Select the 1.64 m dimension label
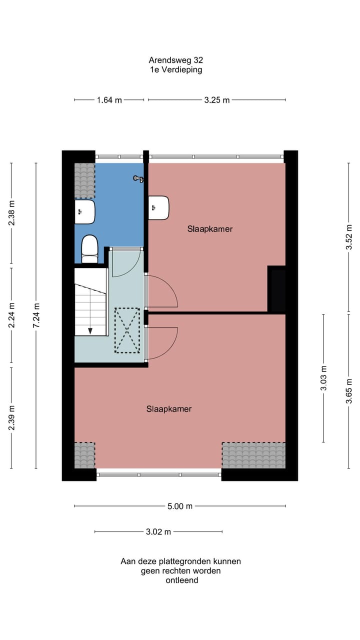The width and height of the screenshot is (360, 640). click(x=109, y=100)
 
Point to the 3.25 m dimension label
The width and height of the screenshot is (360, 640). click(x=216, y=100)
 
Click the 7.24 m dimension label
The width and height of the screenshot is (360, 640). click(x=36, y=315)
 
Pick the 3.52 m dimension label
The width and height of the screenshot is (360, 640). click(x=349, y=237)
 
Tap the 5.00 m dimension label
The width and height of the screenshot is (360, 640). click(x=179, y=506)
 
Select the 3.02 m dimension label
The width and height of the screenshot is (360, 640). click(x=158, y=532)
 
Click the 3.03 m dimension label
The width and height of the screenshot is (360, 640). click(x=323, y=378)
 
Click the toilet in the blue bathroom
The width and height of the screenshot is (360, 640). click(x=89, y=248)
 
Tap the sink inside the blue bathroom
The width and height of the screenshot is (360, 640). click(x=84, y=212)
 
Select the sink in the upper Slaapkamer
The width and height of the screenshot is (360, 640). click(x=159, y=207)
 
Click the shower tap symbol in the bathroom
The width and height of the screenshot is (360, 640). click(x=138, y=178)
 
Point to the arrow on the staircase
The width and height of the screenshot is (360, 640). click(x=90, y=330)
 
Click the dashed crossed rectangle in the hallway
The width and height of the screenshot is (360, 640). click(x=127, y=330)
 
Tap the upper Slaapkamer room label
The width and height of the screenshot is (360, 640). click(x=210, y=229)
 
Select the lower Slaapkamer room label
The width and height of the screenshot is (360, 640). click(x=169, y=409)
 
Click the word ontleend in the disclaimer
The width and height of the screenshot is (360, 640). click(x=181, y=580)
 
